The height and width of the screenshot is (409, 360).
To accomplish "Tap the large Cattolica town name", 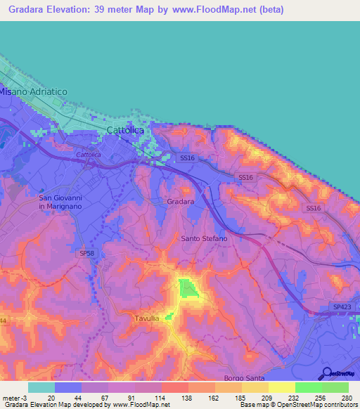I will pos(125,131).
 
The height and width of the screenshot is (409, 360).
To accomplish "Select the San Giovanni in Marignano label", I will pos(60,202).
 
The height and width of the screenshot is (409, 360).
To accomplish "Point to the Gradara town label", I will pos(181,202).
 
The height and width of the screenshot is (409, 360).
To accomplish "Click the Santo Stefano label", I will pos(204,239).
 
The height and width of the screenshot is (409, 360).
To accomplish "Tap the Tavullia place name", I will pos(149,318).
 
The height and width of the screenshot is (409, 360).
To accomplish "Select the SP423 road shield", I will pos(341,307).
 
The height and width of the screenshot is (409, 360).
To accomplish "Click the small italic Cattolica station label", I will pos(88,154).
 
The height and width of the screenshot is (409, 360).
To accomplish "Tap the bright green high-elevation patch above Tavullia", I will pos(188,288).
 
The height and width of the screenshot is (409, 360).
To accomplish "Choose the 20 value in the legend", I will pos(50,398).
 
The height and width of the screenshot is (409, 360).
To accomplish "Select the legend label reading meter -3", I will pos(15,398).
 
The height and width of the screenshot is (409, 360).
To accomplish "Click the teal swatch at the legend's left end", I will pos(41,387).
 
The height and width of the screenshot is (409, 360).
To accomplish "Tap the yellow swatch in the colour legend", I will pos(281,387).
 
